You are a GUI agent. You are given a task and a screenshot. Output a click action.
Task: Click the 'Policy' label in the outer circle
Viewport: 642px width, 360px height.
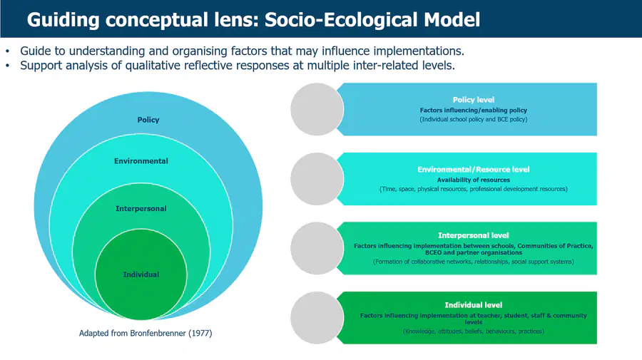point(148,120)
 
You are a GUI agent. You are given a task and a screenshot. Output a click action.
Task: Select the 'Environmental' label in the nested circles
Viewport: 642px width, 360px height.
point(141,161)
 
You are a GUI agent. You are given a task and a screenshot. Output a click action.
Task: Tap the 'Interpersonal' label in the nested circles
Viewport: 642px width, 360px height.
point(141,209)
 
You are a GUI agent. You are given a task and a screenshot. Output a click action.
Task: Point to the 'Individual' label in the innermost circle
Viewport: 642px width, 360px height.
point(141,274)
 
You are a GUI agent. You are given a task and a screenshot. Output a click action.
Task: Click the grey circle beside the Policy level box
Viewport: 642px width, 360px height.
point(317,109)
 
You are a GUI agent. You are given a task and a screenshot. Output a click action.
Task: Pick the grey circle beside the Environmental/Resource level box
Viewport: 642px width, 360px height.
point(317,179)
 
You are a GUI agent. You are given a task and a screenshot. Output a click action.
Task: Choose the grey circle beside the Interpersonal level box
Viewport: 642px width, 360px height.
point(317,248)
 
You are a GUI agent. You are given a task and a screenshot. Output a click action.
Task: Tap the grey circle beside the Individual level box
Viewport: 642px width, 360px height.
point(317,318)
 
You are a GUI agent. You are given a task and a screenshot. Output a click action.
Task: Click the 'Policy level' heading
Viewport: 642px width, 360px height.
point(474,100)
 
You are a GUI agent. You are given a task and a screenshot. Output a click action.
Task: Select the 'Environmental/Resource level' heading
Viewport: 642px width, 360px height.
point(474,170)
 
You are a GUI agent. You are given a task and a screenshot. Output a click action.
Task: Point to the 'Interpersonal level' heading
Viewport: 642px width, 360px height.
point(474,235)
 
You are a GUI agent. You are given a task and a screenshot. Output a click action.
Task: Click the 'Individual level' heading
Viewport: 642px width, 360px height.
point(474,305)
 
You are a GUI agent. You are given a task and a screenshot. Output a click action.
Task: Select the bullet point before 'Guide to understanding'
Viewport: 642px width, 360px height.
point(7,51)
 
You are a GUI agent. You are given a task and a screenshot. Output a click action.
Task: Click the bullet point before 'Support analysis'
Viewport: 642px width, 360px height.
point(7,66)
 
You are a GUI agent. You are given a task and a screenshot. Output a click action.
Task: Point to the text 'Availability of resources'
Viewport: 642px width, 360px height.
point(474,180)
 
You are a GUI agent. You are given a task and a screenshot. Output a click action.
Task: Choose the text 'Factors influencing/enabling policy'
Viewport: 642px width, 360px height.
point(474,110)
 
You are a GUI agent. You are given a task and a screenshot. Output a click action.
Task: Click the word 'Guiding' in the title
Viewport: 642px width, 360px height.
point(63,21)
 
